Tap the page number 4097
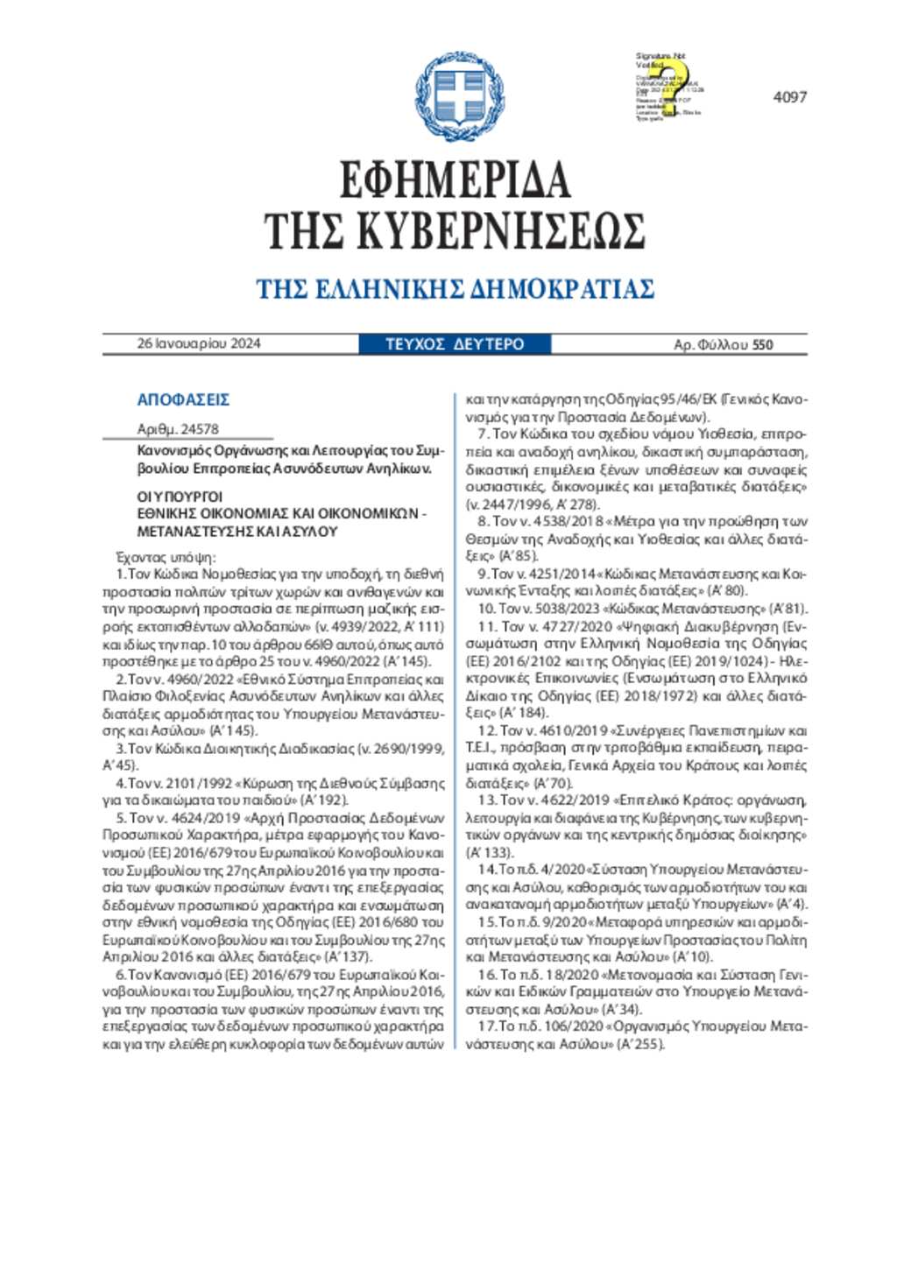[789, 97]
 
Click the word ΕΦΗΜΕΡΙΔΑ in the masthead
[455, 180]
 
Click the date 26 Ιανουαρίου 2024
[199, 343]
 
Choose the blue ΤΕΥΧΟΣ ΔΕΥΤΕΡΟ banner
[455, 344]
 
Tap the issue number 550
[762, 344]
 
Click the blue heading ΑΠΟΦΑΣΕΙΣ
[183, 399]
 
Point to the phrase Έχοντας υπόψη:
[166, 557]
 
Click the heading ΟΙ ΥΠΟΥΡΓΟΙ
[180, 497]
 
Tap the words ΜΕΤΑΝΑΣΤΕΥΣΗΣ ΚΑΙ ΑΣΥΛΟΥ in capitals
[237, 531]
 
